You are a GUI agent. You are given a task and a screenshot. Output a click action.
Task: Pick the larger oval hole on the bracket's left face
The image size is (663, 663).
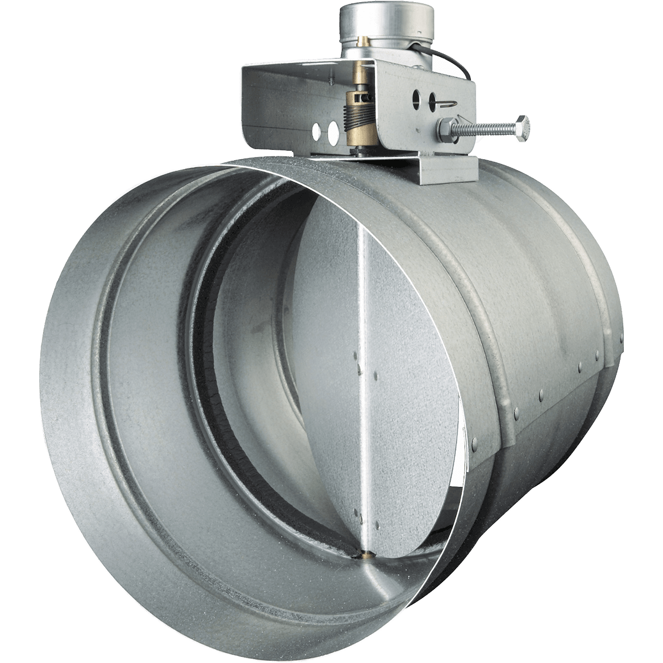[x=333, y=131]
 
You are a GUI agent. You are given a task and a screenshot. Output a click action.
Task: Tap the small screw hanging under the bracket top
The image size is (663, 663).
[x=330, y=84]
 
